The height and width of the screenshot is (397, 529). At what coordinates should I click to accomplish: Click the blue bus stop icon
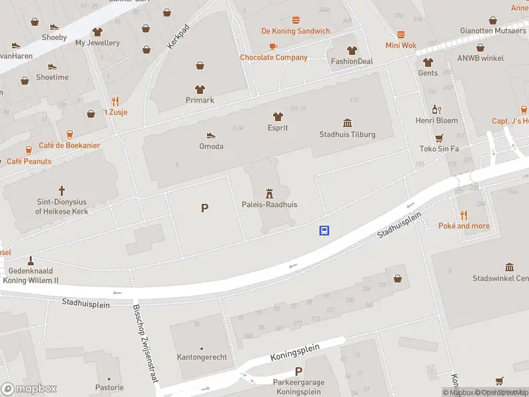click(325, 231)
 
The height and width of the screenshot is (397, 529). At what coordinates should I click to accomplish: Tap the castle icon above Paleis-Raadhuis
click(269, 193)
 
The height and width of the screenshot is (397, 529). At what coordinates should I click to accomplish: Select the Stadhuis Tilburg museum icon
click(347, 123)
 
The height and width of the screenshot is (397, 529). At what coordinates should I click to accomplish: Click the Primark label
click(200, 100)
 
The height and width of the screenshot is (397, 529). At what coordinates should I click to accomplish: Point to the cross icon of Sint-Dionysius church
click(62, 190)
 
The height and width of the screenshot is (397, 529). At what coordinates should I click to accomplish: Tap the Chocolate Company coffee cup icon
click(273, 46)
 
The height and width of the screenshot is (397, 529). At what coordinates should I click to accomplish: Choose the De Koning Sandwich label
click(296, 31)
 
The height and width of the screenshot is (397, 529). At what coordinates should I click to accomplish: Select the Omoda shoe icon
click(211, 135)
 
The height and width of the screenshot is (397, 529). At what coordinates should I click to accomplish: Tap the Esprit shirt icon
click(278, 116)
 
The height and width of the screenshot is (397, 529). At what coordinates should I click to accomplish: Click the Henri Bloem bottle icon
click(436, 109)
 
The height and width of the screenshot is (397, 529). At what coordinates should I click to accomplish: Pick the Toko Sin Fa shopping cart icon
click(438, 138)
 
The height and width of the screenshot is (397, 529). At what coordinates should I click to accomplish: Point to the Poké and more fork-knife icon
click(464, 215)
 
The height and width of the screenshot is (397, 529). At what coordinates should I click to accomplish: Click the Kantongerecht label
click(202, 357)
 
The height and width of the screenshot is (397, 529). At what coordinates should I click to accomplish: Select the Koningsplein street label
click(294, 352)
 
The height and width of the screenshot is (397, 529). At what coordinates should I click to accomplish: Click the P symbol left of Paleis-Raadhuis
click(205, 208)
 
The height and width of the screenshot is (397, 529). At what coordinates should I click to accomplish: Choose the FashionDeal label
click(352, 62)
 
